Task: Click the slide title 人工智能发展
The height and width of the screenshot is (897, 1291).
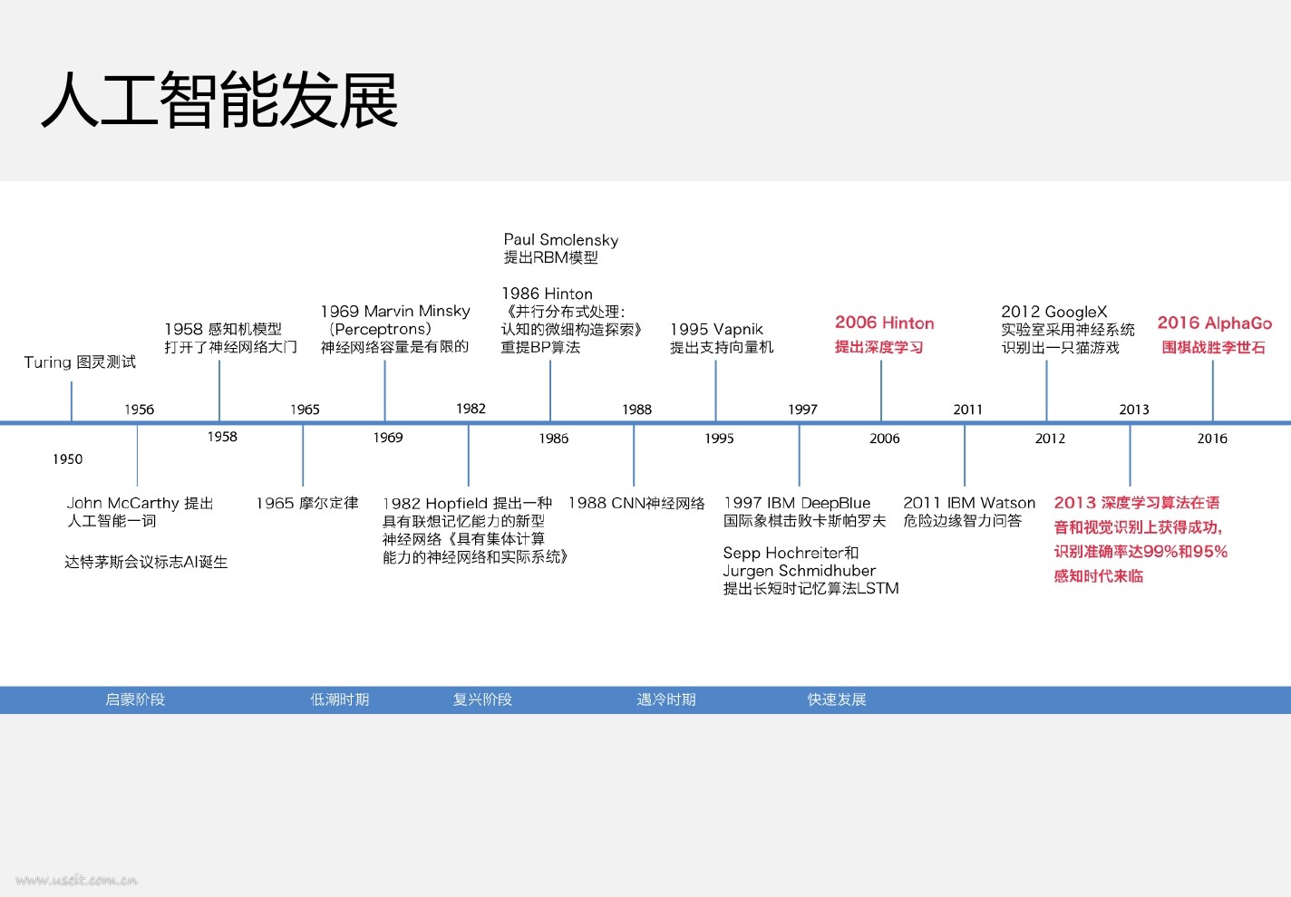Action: pyautogui.click(x=219, y=100)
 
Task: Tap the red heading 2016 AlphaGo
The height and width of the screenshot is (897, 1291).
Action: pyautogui.click(x=1214, y=323)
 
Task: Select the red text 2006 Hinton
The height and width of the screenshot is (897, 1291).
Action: pyautogui.click(x=884, y=323)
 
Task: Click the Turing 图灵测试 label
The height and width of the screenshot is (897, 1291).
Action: pyautogui.click(x=80, y=362)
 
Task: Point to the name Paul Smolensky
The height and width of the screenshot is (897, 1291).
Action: pyautogui.click(x=561, y=240)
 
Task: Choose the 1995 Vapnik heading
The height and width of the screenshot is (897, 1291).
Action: pyautogui.click(x=716, y=330)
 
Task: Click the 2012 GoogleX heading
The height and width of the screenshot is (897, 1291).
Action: pyautogui.click(x=1053, y=312)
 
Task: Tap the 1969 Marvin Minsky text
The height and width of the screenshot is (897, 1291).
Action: pyautogui.click(x=395, y=312)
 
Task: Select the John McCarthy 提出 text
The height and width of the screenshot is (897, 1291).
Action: pyautogui.click(x=140, y=503)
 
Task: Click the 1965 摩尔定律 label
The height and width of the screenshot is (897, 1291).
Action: pyautogui.click(x=306, y=503)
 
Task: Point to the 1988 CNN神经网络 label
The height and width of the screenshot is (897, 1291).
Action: pyautogui.click(x=636, y=503)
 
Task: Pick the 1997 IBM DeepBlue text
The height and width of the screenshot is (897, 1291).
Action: pyautogui.click(x=797, y=503)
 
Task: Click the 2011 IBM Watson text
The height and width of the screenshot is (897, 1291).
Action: pyautogui.click(x=969, y=503)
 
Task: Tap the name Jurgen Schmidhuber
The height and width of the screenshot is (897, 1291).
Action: pyautogui.click(x=800, y=571)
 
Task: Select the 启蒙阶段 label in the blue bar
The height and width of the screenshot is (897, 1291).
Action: pyautogui.click(x=135, y=699)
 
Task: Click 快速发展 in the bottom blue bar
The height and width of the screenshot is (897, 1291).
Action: pyautogui.click(x=837, y=699)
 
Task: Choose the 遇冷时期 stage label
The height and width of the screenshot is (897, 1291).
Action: pyautogui.click(x=666, y=699)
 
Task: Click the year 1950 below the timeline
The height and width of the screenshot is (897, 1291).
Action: pyautogui.click(x=67, y=459)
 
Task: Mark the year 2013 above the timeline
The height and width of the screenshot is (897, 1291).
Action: pyautogui.click(x=1133, y=410)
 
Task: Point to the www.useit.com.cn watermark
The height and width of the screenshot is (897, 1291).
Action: pyautogui.click(x=77, y=880)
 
